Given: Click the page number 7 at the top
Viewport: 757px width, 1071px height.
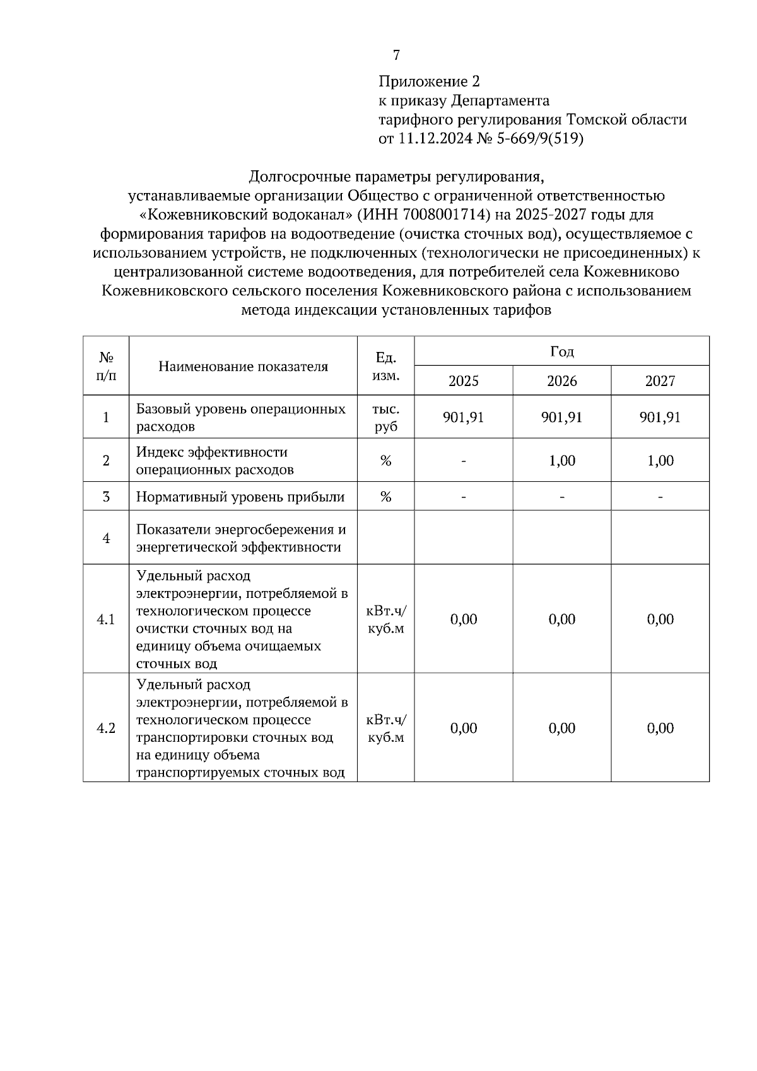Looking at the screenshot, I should (x=396, y=56).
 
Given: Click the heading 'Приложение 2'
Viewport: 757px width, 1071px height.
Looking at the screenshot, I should (x=429, y=81).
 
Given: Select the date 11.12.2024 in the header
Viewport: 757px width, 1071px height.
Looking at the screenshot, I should (x=434, y=138).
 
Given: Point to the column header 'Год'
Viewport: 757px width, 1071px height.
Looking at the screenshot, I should (x=561, y=351).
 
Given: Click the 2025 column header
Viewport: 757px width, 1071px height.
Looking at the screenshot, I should (x=463, y=381).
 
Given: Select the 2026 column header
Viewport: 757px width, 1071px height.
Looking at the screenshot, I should (x=561, y=381).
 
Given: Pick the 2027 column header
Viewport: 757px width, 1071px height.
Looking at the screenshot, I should (x=660, y=381).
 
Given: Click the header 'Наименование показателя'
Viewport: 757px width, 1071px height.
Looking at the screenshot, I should (x=243, y=366).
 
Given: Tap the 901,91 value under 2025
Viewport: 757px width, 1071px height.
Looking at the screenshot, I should (x=463, y=418).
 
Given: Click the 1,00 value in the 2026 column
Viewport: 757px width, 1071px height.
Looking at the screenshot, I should (x=561, y=461).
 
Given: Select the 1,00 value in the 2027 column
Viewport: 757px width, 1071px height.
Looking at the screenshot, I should (x=660, y=461).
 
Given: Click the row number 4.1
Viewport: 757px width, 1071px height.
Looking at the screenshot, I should (x=106, y=619).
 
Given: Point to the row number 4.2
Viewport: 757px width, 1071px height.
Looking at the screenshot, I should (x=106, y=729).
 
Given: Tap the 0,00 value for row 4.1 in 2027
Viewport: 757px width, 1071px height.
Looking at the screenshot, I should (x=660, y=619).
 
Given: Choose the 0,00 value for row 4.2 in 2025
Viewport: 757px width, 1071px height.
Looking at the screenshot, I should (x=463, y=729).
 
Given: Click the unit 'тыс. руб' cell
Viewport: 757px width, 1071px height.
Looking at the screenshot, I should (x=385, y=418).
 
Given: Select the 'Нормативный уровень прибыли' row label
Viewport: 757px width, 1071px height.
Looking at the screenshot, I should (x=240, y=497).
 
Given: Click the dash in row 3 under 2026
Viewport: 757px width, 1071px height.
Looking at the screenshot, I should (x=561, y=498).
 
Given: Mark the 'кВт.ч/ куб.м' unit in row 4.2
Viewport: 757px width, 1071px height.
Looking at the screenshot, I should (x=385, y=729).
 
